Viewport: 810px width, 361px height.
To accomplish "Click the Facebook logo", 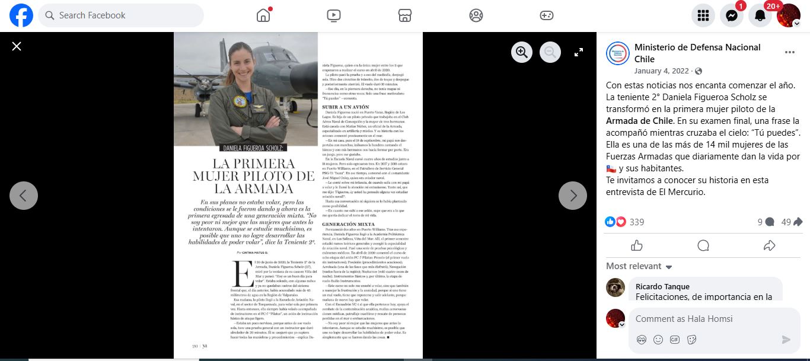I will (21, 15).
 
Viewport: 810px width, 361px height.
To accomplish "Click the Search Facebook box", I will (121, 15).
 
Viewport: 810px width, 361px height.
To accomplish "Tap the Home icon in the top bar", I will (263, 15).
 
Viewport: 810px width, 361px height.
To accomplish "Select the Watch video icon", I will (333, 15).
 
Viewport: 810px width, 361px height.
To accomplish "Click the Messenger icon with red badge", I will (732, 15).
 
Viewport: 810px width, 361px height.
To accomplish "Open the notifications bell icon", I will (760, 15).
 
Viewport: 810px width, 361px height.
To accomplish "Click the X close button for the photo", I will (17, 46).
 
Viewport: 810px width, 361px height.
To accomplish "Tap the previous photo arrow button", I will (24, 196).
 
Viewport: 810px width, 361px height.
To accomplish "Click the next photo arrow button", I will (573, 196).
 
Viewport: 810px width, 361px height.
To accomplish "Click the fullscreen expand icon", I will (579, 53).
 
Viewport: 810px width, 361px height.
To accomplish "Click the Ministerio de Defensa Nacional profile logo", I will (617, 53).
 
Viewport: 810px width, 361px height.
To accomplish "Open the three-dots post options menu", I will (789, 52).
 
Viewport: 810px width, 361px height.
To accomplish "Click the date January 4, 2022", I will (662, 71).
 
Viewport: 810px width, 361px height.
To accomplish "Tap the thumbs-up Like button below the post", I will (637, 245).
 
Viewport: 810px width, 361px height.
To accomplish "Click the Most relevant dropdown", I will (639, 266).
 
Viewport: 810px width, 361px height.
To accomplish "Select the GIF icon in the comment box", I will (675, 340).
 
